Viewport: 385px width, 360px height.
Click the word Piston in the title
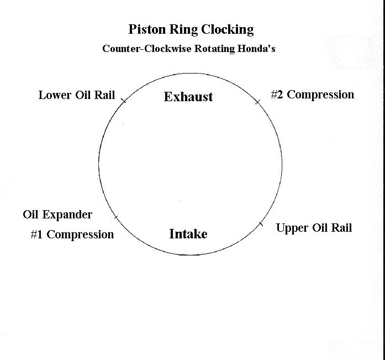point(145,29)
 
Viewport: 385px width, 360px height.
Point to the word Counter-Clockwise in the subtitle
point(144,49)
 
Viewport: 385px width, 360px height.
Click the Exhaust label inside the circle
point(188,97)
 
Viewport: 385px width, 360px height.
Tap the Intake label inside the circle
point(188,234)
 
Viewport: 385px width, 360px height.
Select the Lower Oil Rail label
point(77,95)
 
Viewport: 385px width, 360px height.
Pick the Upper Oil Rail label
point(314,228)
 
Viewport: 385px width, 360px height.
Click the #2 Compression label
point(312,95)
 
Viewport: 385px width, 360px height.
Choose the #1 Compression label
point(72,234)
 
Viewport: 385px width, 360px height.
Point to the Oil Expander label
point(57,215)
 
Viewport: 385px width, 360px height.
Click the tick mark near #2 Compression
point(257,102)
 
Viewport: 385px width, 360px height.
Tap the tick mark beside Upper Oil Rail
point(261,223)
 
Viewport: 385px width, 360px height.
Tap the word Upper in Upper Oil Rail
point(292,228)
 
